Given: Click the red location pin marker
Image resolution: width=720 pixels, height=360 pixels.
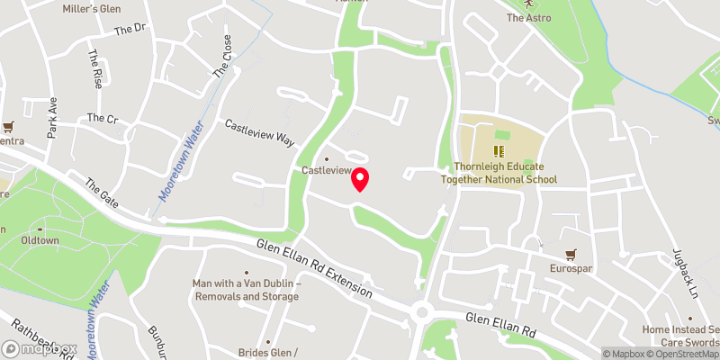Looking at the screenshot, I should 360,179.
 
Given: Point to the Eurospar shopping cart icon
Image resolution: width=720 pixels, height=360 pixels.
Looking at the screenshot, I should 571,255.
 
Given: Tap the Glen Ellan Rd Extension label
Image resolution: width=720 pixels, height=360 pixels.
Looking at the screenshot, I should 313,268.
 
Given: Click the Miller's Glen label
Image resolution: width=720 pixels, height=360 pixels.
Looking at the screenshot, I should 92,9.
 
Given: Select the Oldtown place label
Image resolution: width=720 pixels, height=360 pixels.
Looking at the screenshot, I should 40,241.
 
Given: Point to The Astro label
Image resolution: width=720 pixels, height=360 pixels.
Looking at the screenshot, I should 527,17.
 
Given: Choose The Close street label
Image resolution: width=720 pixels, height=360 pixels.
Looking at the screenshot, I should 221,59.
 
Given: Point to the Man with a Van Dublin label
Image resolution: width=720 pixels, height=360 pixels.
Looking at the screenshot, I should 246,290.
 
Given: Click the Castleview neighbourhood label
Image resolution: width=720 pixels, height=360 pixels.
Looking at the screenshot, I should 325,170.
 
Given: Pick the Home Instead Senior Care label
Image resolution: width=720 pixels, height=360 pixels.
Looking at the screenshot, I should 679,335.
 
